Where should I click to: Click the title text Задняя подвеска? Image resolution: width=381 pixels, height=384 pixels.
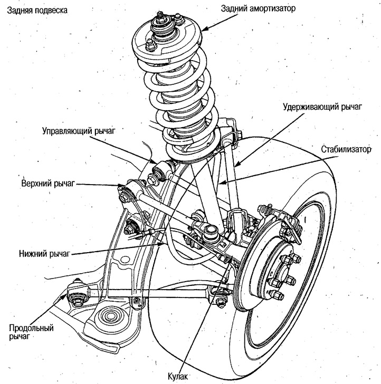point(37,11)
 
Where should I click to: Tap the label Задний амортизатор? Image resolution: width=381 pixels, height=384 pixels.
point(258,9)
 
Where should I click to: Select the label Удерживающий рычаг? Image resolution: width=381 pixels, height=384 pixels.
point(322,107)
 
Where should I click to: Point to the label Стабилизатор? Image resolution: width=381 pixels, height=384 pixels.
point(346,149)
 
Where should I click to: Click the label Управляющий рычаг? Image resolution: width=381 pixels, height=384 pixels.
point(79,131)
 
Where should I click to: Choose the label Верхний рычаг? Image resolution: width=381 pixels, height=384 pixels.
point(48,184)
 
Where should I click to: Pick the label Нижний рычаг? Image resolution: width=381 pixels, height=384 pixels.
point(45,254)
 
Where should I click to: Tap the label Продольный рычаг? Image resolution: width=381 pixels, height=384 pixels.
point(31,332)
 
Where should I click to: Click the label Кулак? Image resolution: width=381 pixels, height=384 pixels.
point(178,376)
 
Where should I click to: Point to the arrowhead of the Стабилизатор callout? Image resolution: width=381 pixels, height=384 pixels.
point(222,183)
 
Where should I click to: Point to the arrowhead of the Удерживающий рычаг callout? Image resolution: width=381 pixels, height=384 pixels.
point(236,165)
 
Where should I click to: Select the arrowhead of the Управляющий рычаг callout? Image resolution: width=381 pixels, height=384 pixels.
point(154,161)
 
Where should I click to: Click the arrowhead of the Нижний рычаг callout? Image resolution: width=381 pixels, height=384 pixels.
point(160,244)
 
